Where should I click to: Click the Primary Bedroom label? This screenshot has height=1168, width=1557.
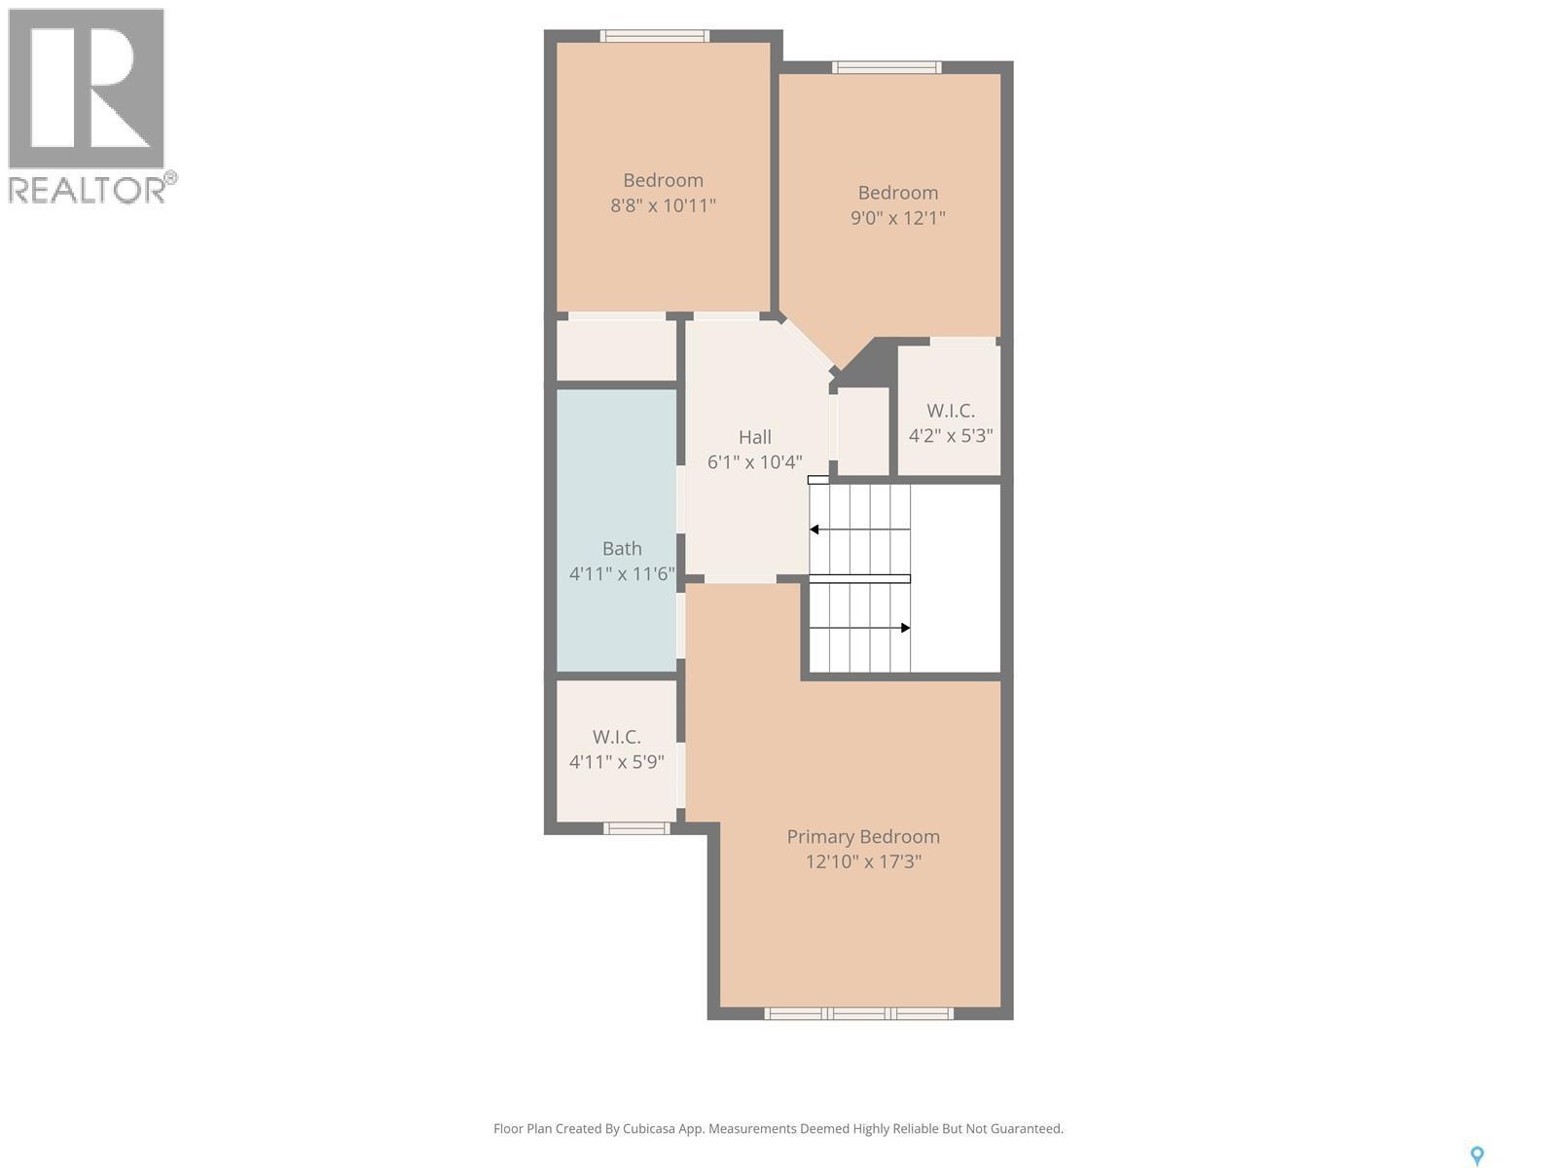862,836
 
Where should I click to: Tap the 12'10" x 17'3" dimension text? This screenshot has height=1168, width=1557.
862,861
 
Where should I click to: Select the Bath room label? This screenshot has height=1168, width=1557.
621,548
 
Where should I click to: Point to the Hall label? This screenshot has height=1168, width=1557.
754,437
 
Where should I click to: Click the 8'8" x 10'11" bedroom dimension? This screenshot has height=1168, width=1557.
663,205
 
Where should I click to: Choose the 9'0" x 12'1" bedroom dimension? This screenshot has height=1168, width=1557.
897,218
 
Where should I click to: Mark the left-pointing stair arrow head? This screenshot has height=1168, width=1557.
815,529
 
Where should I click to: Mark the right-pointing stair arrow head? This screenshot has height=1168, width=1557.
905,628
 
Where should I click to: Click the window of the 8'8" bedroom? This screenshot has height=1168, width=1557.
654,36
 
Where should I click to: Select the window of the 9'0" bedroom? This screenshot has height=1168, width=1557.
886,67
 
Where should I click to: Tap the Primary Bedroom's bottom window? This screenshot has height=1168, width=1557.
857,1013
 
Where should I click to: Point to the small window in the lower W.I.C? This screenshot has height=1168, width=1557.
636,828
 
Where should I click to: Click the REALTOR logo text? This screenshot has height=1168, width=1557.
88,189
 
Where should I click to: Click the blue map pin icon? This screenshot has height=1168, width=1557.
1476,1155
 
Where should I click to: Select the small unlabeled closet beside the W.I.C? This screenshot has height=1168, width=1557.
863,430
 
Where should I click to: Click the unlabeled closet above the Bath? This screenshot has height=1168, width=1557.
616,349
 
